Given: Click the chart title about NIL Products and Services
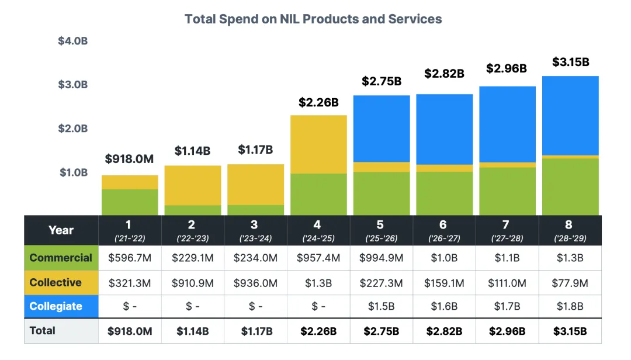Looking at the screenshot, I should (313, 19).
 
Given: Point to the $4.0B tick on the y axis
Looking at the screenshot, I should (72, 41).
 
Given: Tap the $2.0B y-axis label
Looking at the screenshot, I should (72, 129).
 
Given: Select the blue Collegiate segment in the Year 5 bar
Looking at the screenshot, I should (382, 129).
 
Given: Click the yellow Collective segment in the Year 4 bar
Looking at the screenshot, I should (318, 144).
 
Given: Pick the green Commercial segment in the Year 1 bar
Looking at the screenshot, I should (130, 202).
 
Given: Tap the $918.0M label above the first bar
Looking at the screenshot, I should (129, 159).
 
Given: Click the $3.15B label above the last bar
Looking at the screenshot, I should (570, 62).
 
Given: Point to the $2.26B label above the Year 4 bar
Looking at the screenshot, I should (318, 102).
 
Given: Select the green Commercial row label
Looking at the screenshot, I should (61, 258).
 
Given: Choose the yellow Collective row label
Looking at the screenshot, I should (56, 282).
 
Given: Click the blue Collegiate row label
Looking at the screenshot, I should (56, 306).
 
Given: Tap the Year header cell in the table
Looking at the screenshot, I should (61, 230).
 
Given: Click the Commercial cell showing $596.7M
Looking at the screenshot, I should (130, 258).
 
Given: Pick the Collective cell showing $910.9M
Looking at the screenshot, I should (192, 283).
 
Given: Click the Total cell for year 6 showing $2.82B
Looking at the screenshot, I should (444, 331).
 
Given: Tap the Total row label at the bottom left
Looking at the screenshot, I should (43, 330).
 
